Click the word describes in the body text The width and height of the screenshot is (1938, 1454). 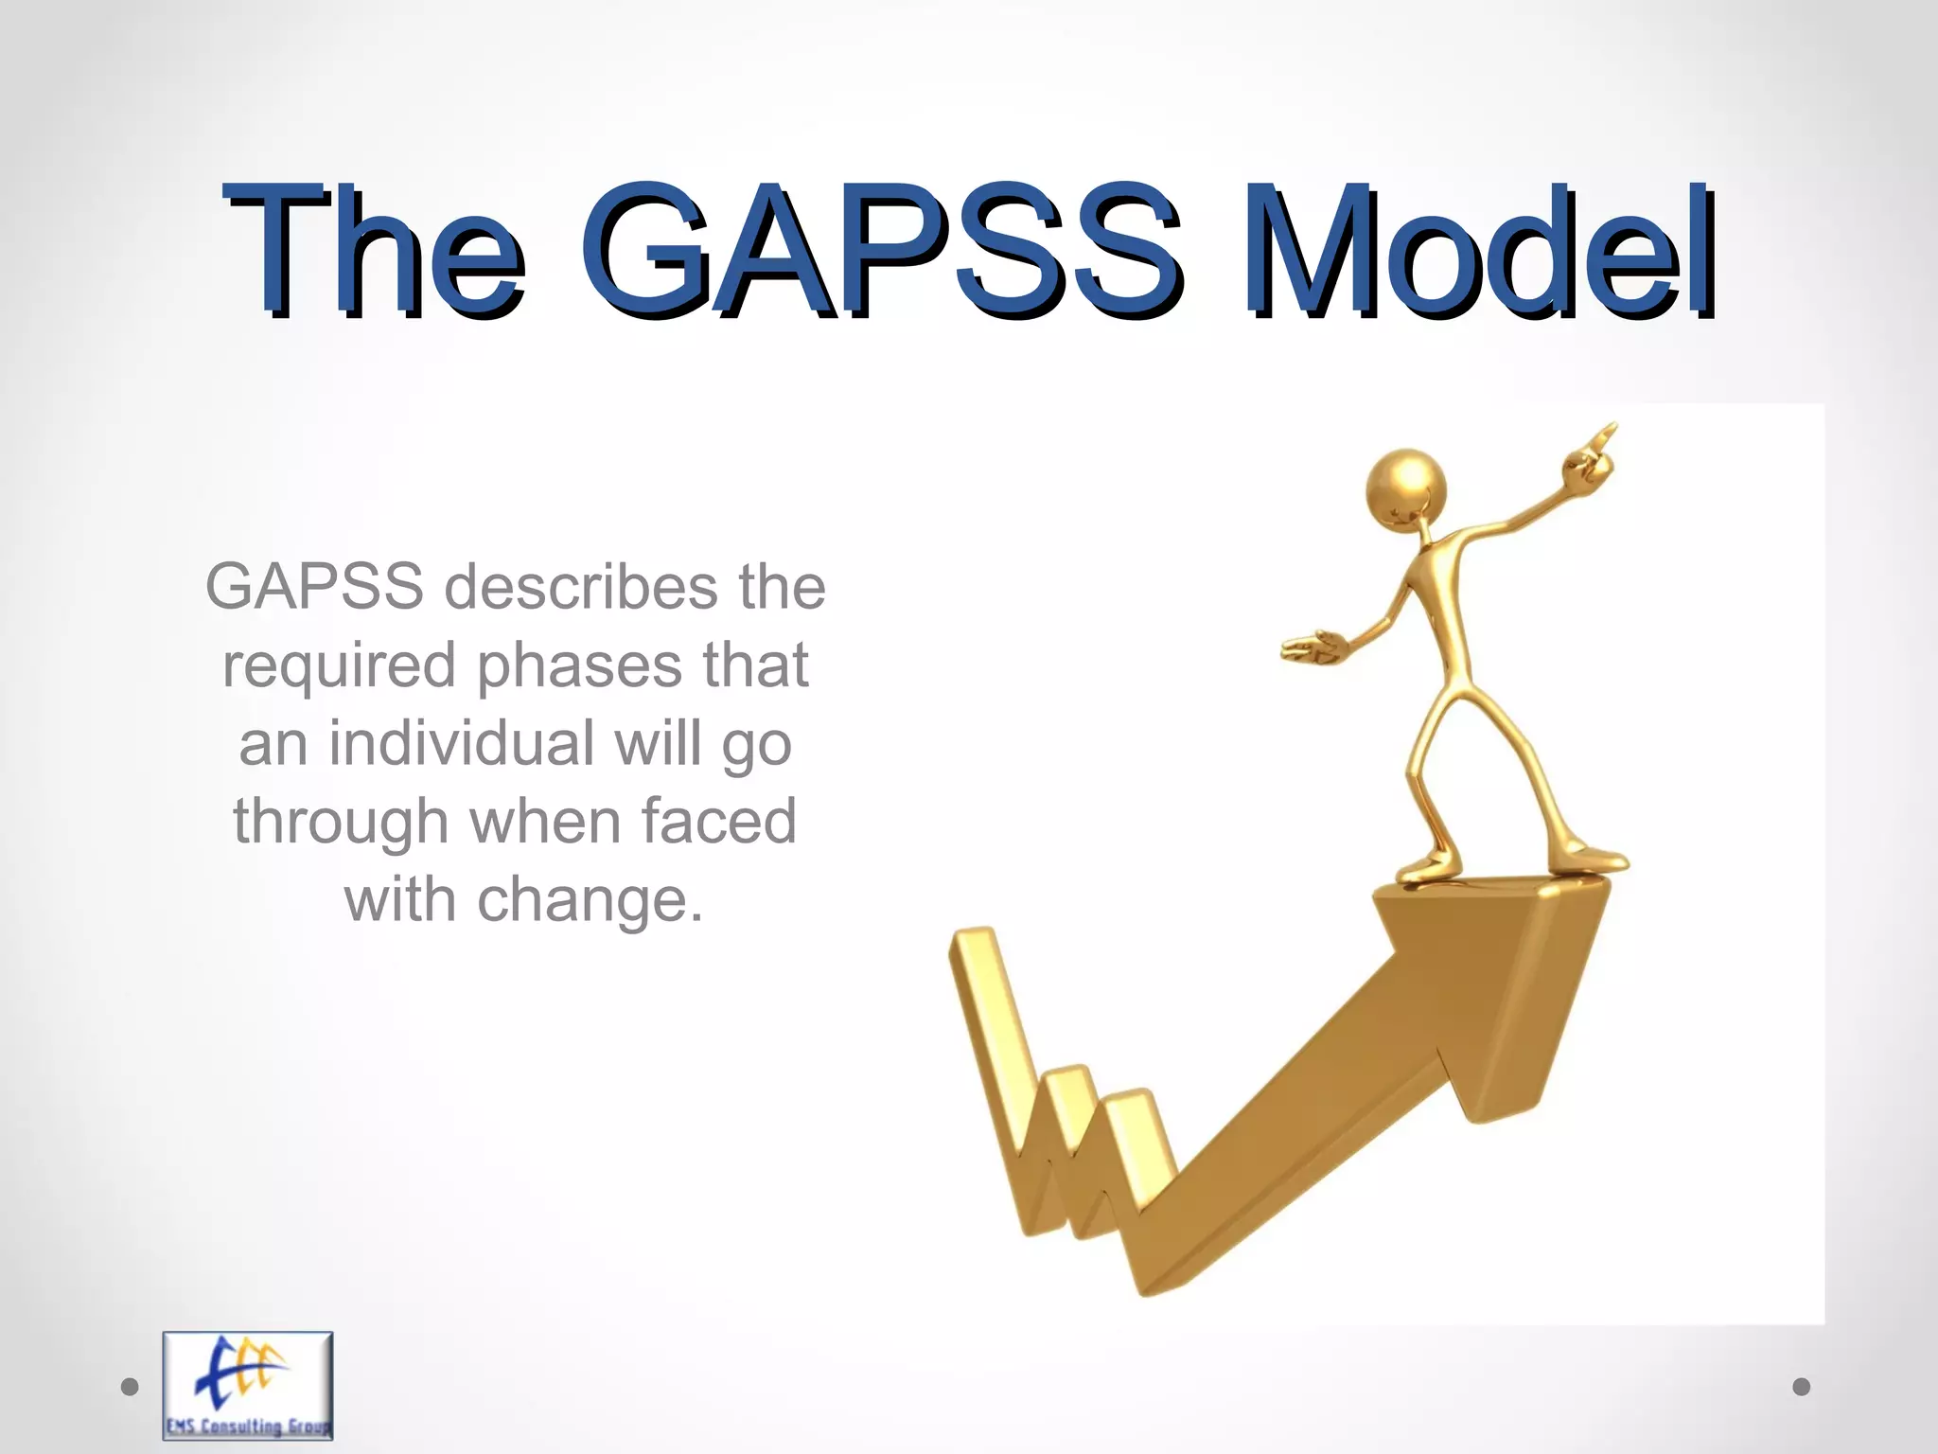[581, 588]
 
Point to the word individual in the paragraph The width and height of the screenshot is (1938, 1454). [463, 743]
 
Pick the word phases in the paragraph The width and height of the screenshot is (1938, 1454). [579, 665]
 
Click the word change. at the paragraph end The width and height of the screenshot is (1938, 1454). [590, 899]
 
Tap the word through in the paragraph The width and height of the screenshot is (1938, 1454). [341, 822]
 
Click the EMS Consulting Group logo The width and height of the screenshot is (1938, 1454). [248, 1385]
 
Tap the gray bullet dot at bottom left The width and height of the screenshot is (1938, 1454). [131, 1387]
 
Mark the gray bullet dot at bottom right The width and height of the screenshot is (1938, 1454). [1802, 1387]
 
